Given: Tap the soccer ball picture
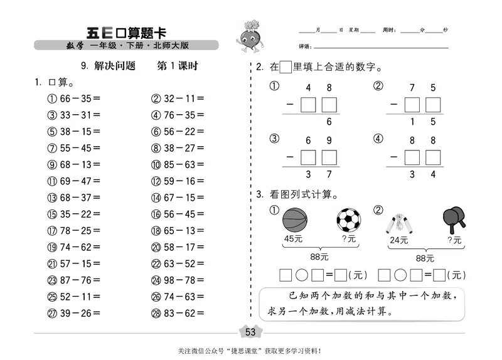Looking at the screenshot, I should click(349, 220).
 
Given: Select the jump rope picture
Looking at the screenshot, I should click(400, 222).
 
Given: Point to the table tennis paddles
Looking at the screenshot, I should click(455, 219).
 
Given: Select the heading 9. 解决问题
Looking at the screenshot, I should click(108, 66).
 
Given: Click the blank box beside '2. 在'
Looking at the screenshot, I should click(286, 67).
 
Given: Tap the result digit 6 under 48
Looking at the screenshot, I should click(329, 122).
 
